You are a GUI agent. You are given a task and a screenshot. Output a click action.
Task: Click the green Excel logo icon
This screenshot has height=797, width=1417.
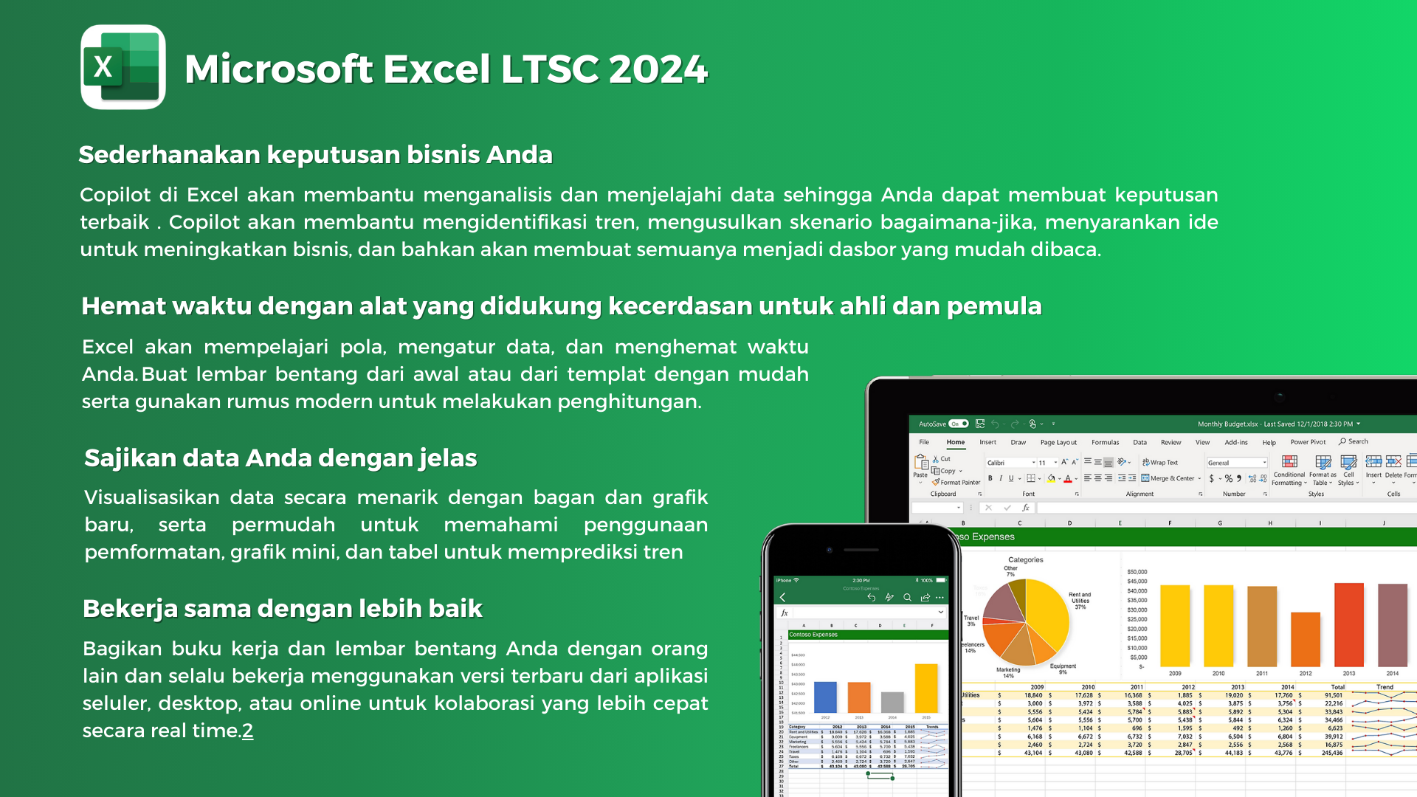(x=123, y=67)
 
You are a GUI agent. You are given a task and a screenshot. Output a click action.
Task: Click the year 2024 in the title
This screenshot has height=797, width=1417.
(x=658, y=69)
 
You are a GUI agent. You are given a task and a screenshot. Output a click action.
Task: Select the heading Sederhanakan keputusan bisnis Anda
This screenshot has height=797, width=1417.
(x=315, y=155)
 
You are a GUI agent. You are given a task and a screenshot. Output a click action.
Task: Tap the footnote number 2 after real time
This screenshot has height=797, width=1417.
(x=248, y=731)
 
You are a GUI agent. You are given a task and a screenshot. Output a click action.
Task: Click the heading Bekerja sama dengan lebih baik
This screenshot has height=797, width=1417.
(x=282, y=609)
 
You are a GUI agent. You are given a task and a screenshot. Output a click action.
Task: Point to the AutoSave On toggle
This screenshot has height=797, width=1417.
(x=959, y=424)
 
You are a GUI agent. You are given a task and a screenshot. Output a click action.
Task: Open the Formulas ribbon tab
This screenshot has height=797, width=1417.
(x=1105, y=443)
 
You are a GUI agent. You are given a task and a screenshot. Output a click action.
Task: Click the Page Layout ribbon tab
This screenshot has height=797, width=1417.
(x=1058, y=443)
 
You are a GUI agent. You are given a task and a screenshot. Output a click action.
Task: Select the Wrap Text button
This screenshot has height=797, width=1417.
(x=1160, y=463)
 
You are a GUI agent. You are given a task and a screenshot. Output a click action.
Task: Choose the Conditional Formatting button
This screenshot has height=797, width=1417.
(x=1289, y=470)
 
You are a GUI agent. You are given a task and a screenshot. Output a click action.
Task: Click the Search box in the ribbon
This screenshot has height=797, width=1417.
(x=1354, y=442)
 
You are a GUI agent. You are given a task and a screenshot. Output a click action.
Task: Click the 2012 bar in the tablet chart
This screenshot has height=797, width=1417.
(x=1306, y=639)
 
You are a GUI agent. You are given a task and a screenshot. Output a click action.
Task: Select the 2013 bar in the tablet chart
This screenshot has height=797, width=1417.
(x=1348, y=625)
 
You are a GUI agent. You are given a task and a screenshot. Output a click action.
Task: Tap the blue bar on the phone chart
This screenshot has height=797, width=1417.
(x=825, y=697)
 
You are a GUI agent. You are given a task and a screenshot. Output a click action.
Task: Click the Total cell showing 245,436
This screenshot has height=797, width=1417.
(x=1332, y=753)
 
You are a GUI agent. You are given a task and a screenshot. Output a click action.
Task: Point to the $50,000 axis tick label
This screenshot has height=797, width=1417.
(x=1137, y=572)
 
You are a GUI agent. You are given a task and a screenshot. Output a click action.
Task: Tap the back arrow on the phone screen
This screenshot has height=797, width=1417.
(x=783, y=598)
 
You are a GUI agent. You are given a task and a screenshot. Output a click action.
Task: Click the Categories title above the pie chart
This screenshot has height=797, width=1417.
(x=1025, y=560)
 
